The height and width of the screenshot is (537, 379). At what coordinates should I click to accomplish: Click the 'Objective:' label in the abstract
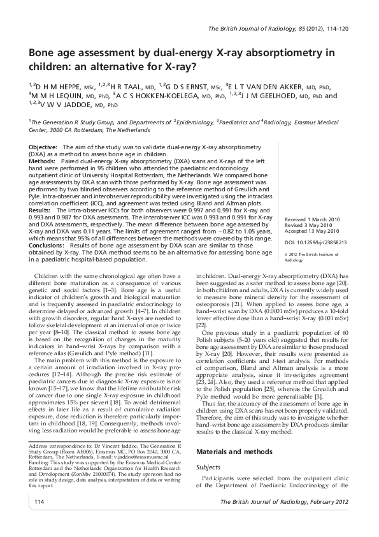43,147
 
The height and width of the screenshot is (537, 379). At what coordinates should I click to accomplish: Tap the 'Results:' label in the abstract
40,209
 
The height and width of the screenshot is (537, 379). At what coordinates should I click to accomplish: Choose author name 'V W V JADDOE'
71,105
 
